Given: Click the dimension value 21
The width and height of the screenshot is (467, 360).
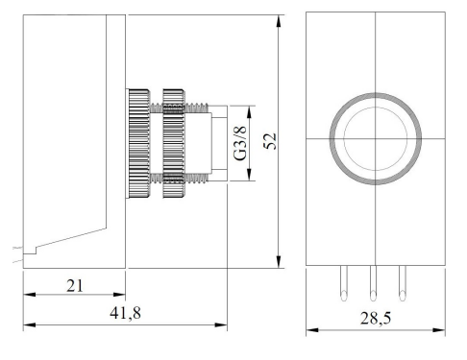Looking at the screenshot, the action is [75, 285].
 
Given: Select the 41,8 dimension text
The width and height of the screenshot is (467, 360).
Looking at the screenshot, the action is [125, 313].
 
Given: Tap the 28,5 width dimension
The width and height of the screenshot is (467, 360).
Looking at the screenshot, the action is [376, 318].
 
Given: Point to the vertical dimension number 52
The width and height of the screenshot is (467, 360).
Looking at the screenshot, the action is [270, 141].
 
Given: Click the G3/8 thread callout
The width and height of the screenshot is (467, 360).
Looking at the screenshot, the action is [240, 143].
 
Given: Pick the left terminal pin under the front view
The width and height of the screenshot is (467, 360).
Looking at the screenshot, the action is [344, 283].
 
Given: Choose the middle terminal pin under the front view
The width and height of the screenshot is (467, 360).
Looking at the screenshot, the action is [373, 283].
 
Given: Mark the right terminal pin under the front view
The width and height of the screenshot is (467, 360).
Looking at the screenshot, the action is [403, 283].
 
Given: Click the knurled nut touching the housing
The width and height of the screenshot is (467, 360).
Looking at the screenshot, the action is [137, 143].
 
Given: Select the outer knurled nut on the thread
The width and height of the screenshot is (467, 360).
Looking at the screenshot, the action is [174, 143].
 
